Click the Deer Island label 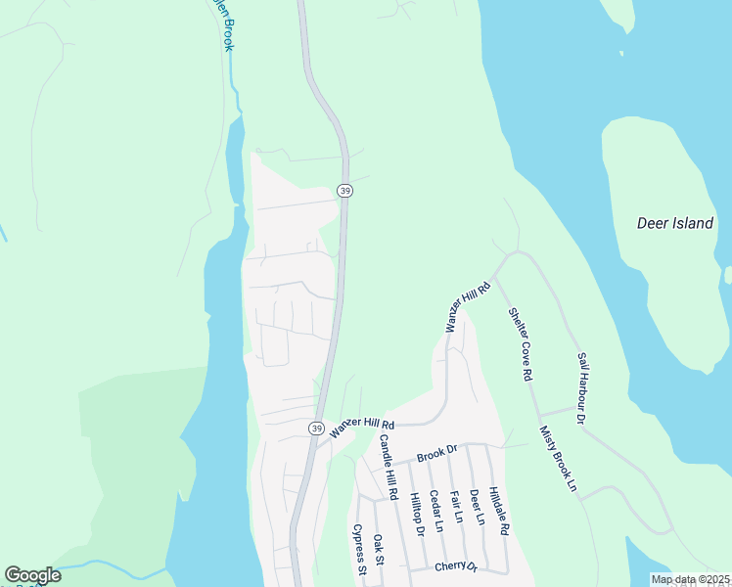click(674, 223)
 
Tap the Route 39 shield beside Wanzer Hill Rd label click(316, 429)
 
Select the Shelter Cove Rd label click(520, 344)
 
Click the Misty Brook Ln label click(558, 458)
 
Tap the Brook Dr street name click(436, 453)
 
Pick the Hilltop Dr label click(416, 515)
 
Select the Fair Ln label click(455, 506)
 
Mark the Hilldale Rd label click(498, 510)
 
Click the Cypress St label click(359, 551)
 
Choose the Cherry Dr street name click(455, 566)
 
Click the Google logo click(32, 575)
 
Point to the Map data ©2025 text click(690, 579)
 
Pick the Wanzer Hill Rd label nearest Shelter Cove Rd click(467, 306)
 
